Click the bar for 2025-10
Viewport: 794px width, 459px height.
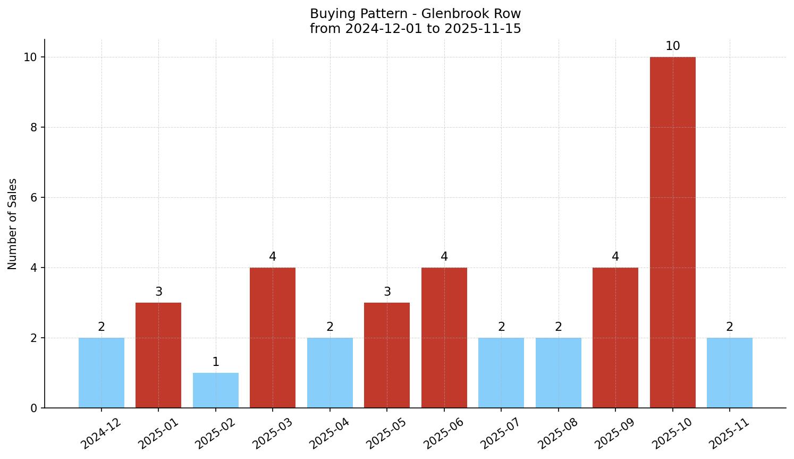tap(672, 232)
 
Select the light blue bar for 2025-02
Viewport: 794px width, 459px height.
tap(215, 390)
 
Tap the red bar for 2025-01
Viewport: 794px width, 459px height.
tap(158, 355)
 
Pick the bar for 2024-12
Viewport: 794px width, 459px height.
tap(102, 373)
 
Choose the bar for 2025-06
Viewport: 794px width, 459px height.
tap(444, 338)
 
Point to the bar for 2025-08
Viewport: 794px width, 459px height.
tap(558, 373)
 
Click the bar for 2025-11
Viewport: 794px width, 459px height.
tap(729, 373)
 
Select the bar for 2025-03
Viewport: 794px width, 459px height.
tap(273, 338)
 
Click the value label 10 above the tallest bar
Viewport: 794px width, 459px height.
tap(672, 46)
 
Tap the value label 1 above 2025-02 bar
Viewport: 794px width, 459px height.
tap(215, 362)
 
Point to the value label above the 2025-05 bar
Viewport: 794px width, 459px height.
tap(387, 292)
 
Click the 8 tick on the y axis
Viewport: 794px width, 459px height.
tap(33, 128)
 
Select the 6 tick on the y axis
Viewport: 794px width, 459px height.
tap(33, 198)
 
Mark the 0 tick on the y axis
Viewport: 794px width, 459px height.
tap(33, 408)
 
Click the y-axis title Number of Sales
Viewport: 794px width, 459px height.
tap(13, 224)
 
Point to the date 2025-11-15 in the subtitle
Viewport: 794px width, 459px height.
tap(483, 29)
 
